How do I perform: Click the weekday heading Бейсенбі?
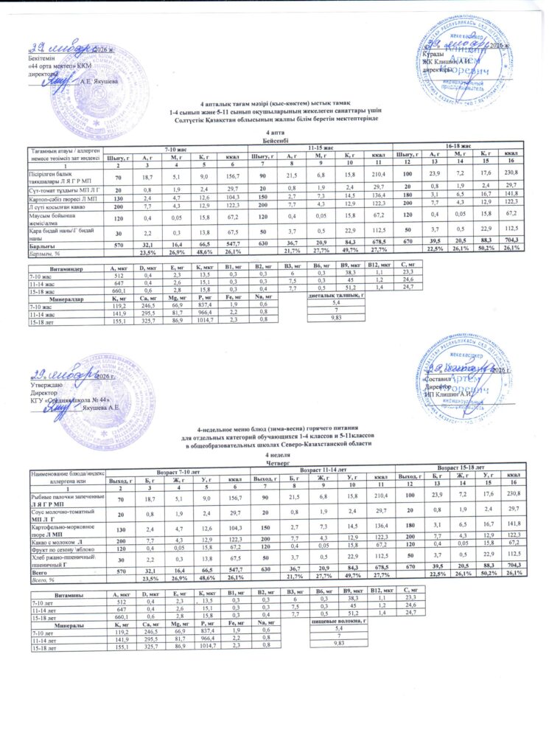click(274, 139)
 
